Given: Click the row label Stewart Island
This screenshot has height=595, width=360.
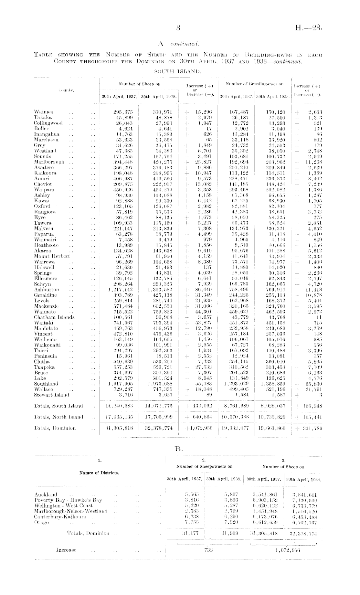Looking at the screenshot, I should (51, 395).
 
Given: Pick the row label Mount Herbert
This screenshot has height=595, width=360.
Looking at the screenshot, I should (52, 256).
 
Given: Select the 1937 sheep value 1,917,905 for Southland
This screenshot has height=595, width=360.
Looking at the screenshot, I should (119, 384).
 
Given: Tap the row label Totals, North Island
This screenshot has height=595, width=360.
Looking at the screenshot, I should (58, 417).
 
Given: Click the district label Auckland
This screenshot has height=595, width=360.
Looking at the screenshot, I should (46, 494).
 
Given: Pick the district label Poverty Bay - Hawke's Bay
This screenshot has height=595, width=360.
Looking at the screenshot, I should (68, 500).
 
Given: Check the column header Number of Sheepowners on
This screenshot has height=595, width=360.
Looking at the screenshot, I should (204, 466).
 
